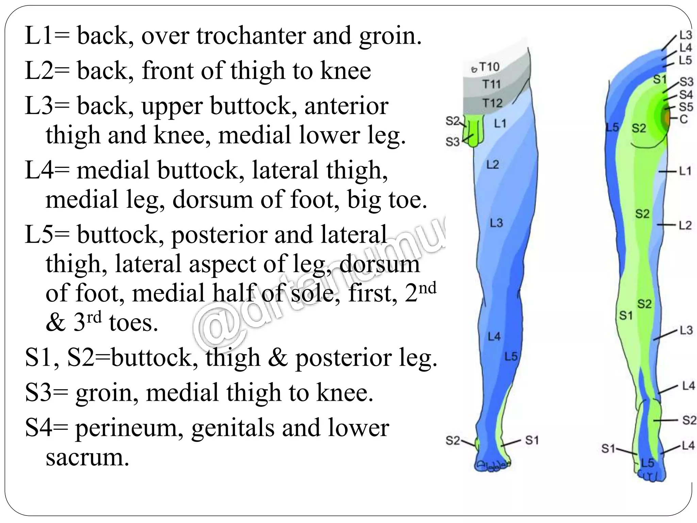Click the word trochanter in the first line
pyautogui.click(x=251, y=36)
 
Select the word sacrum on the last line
pyautogui.click(x=87, y=457)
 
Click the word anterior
pyautogui.click(x=346, y=106)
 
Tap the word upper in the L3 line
pyautogui.click(x=172, y=106)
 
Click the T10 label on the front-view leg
pyautogui.click(x=489, y=67)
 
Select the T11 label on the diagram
pyautogui.click(x=491, y=84)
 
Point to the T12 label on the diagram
pyautogui.click(x=492, y=102)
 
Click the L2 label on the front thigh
pyautogui.click(x=492, y=165)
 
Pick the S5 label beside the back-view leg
pyautogui.click(x=686, y=107)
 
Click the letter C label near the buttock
pyautogui.click(x=683, y=119)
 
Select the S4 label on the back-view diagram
pyautogui.click(x=686, y=94)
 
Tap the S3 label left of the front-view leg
pyautogui.click(x=452, y=142)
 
